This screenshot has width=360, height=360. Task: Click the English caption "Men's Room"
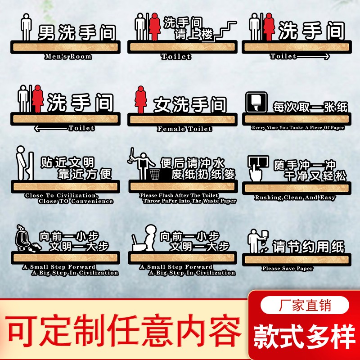pos(68,57)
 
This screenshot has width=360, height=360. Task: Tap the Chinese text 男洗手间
pos(77,32)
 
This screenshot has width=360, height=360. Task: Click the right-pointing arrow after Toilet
pos(315,57)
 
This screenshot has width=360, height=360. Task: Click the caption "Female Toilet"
pos(184,129)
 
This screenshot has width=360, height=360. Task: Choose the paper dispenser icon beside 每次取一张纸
pos(256,103)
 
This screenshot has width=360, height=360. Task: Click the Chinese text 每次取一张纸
pos(310,107)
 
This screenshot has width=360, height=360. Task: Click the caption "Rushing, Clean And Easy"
pos(295,198)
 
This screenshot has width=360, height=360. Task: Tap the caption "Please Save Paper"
pos(288,269)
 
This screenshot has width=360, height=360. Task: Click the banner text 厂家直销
pos(305,306)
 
